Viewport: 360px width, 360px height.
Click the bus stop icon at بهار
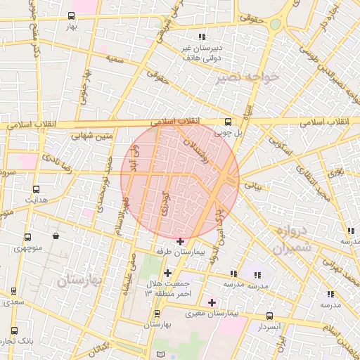71,15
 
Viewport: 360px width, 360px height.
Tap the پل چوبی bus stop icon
227,121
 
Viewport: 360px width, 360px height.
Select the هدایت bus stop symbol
36,189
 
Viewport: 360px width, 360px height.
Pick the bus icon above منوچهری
27,237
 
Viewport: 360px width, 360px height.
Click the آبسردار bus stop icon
269,316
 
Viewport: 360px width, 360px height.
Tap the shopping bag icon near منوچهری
55,236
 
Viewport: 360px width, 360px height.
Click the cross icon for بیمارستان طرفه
181,241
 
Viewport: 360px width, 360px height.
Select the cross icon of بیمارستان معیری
212,302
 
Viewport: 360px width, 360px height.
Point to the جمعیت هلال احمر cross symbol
167,273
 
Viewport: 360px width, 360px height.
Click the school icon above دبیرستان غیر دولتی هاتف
202,37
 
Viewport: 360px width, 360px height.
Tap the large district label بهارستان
79,280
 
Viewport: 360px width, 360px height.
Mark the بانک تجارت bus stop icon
13,331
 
